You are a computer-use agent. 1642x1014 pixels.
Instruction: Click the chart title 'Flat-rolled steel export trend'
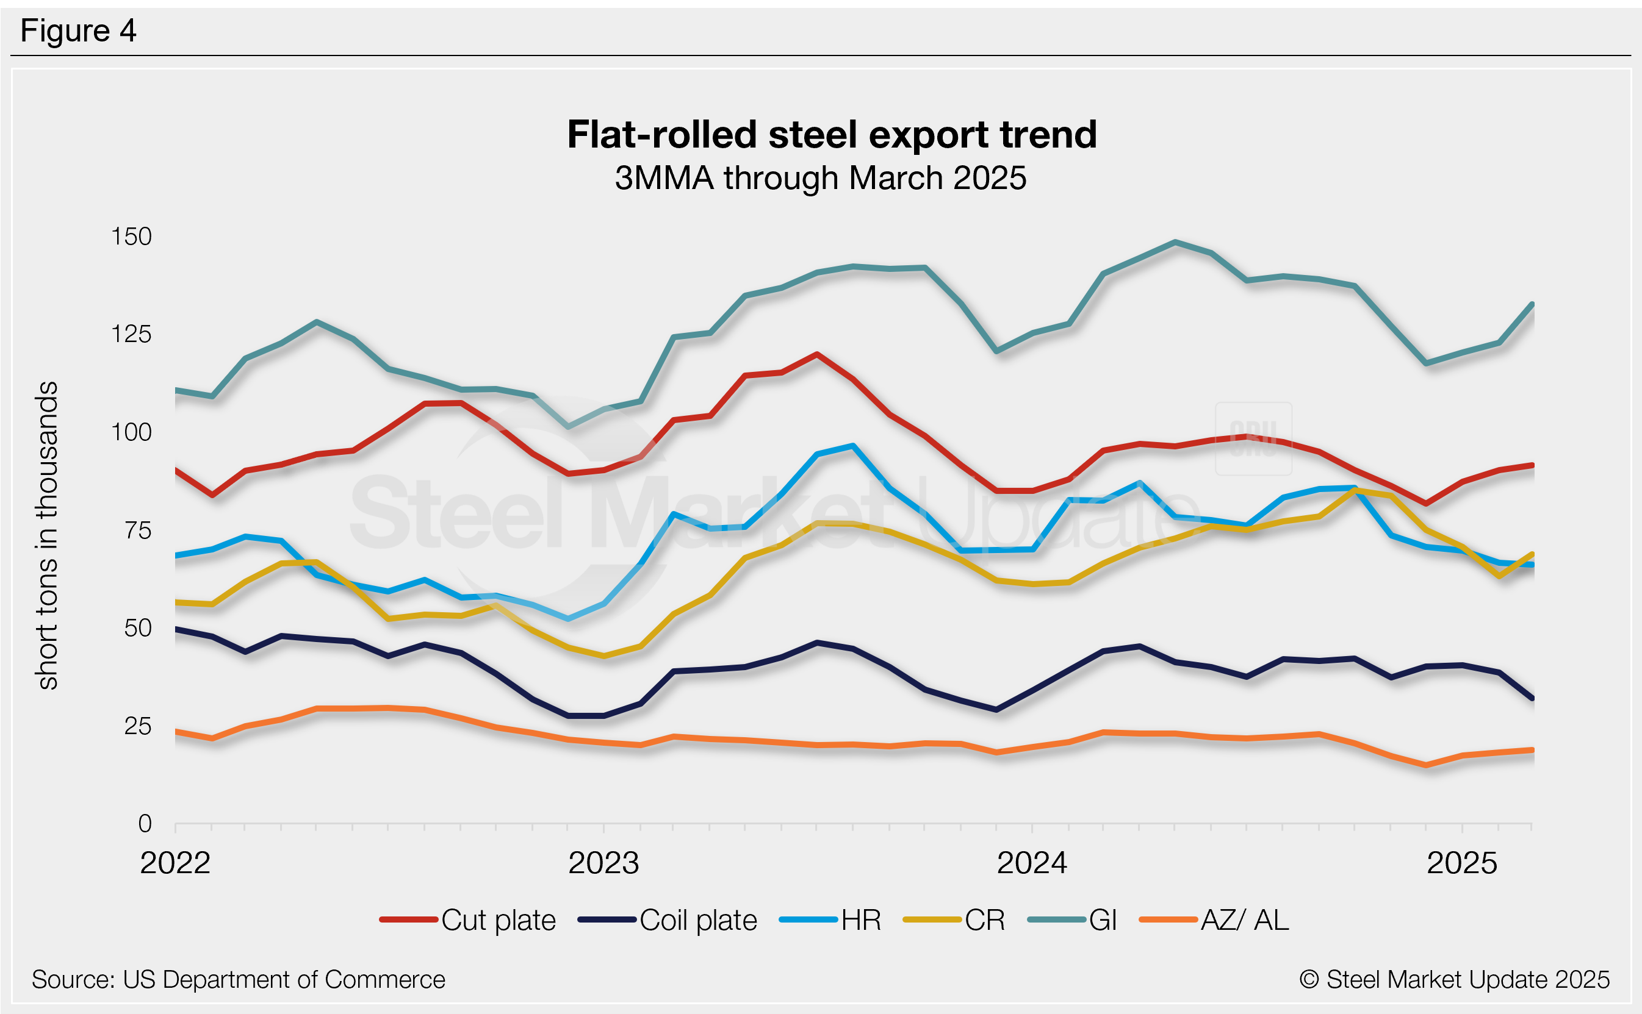pos(832,135)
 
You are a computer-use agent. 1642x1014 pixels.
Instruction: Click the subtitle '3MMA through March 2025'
pos(820,179)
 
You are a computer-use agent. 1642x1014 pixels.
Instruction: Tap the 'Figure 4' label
pos(78,31)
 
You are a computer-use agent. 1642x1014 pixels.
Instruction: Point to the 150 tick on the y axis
pos(132,237)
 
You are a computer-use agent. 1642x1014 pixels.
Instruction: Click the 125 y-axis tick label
pos(132,334)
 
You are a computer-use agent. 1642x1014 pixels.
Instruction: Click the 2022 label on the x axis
pos(175,863)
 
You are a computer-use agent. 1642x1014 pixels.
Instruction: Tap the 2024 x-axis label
pos(1031,863)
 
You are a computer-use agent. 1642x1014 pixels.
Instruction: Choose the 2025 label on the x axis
pos(1461,863)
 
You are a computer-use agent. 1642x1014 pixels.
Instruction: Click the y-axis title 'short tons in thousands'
pos(48,535)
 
